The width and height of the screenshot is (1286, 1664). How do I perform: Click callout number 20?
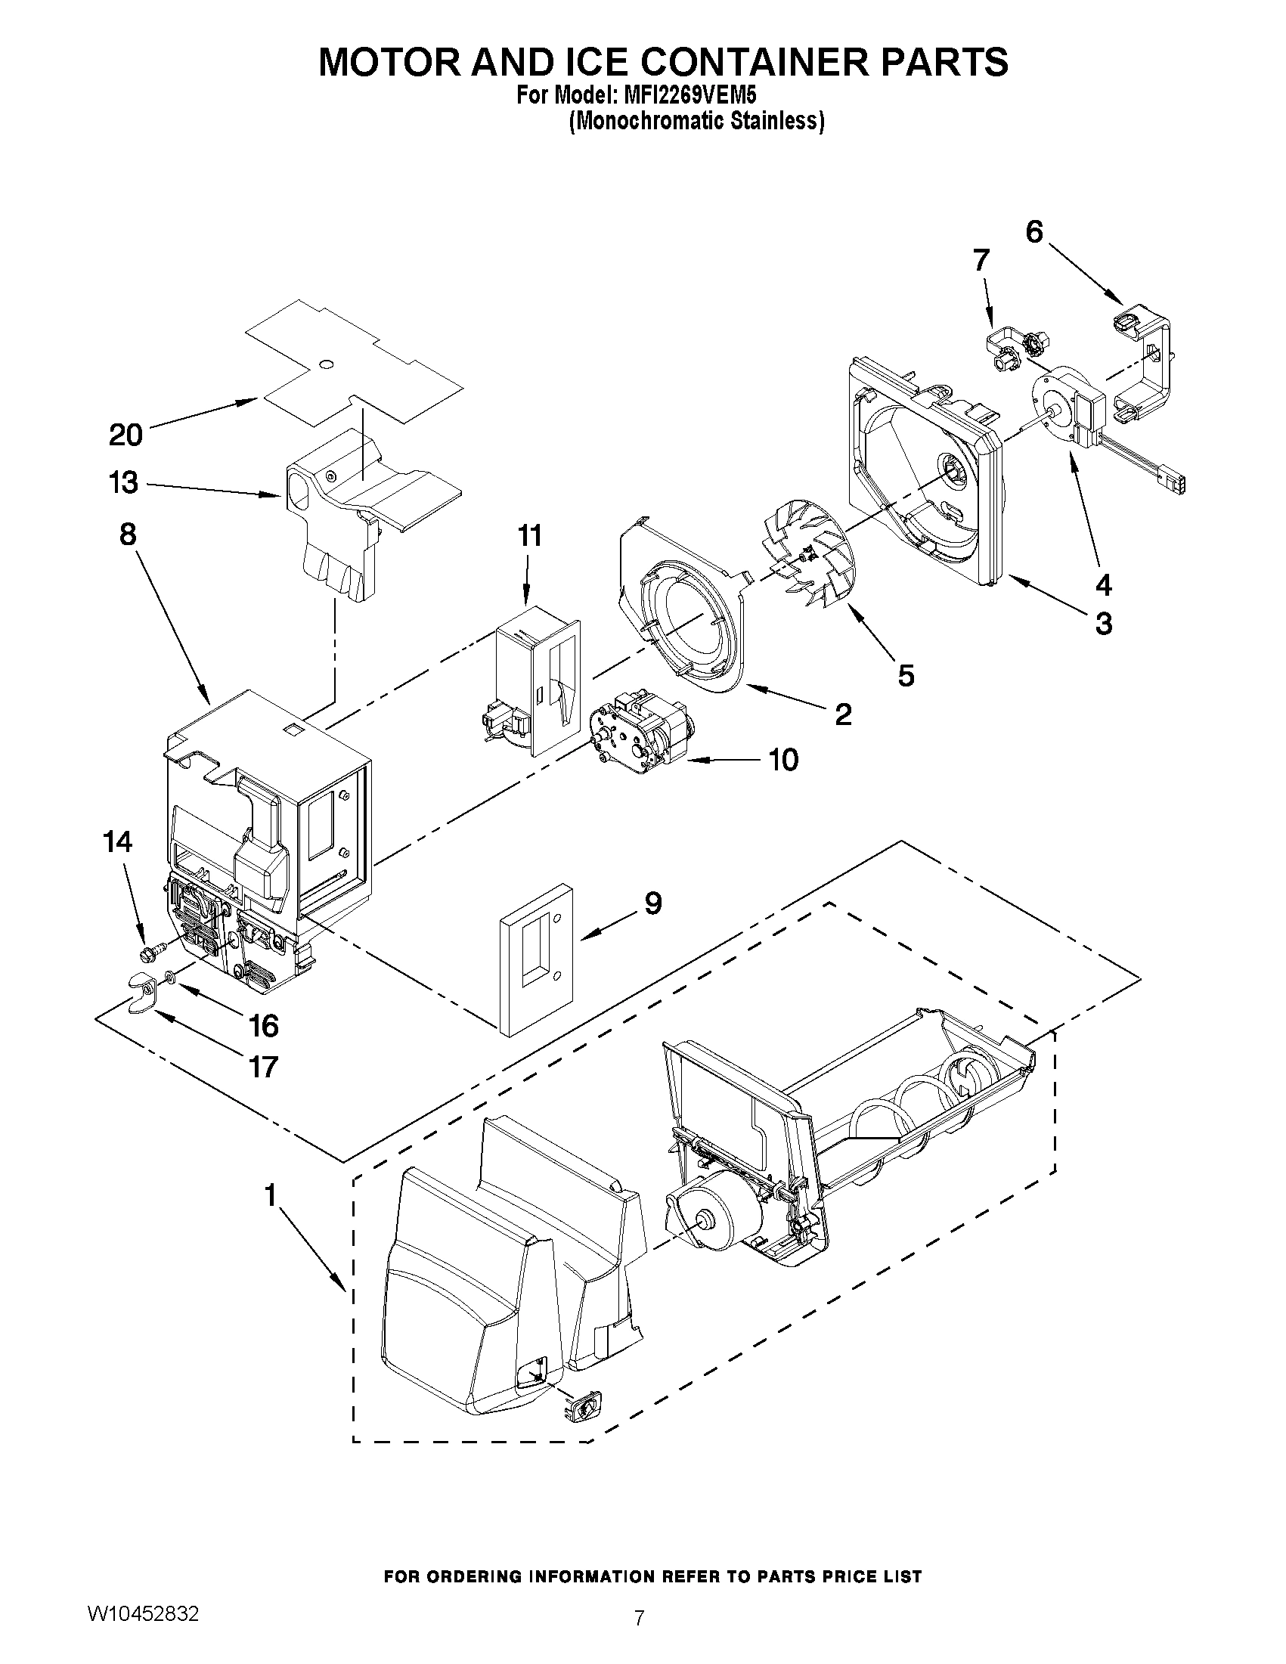(126, 435)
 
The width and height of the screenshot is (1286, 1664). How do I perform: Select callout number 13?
(123, 483)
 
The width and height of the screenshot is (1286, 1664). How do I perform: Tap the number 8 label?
(127, 535)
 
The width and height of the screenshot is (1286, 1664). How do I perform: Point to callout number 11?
(529, 535)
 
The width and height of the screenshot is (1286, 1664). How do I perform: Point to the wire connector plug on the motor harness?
(1172, 483)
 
